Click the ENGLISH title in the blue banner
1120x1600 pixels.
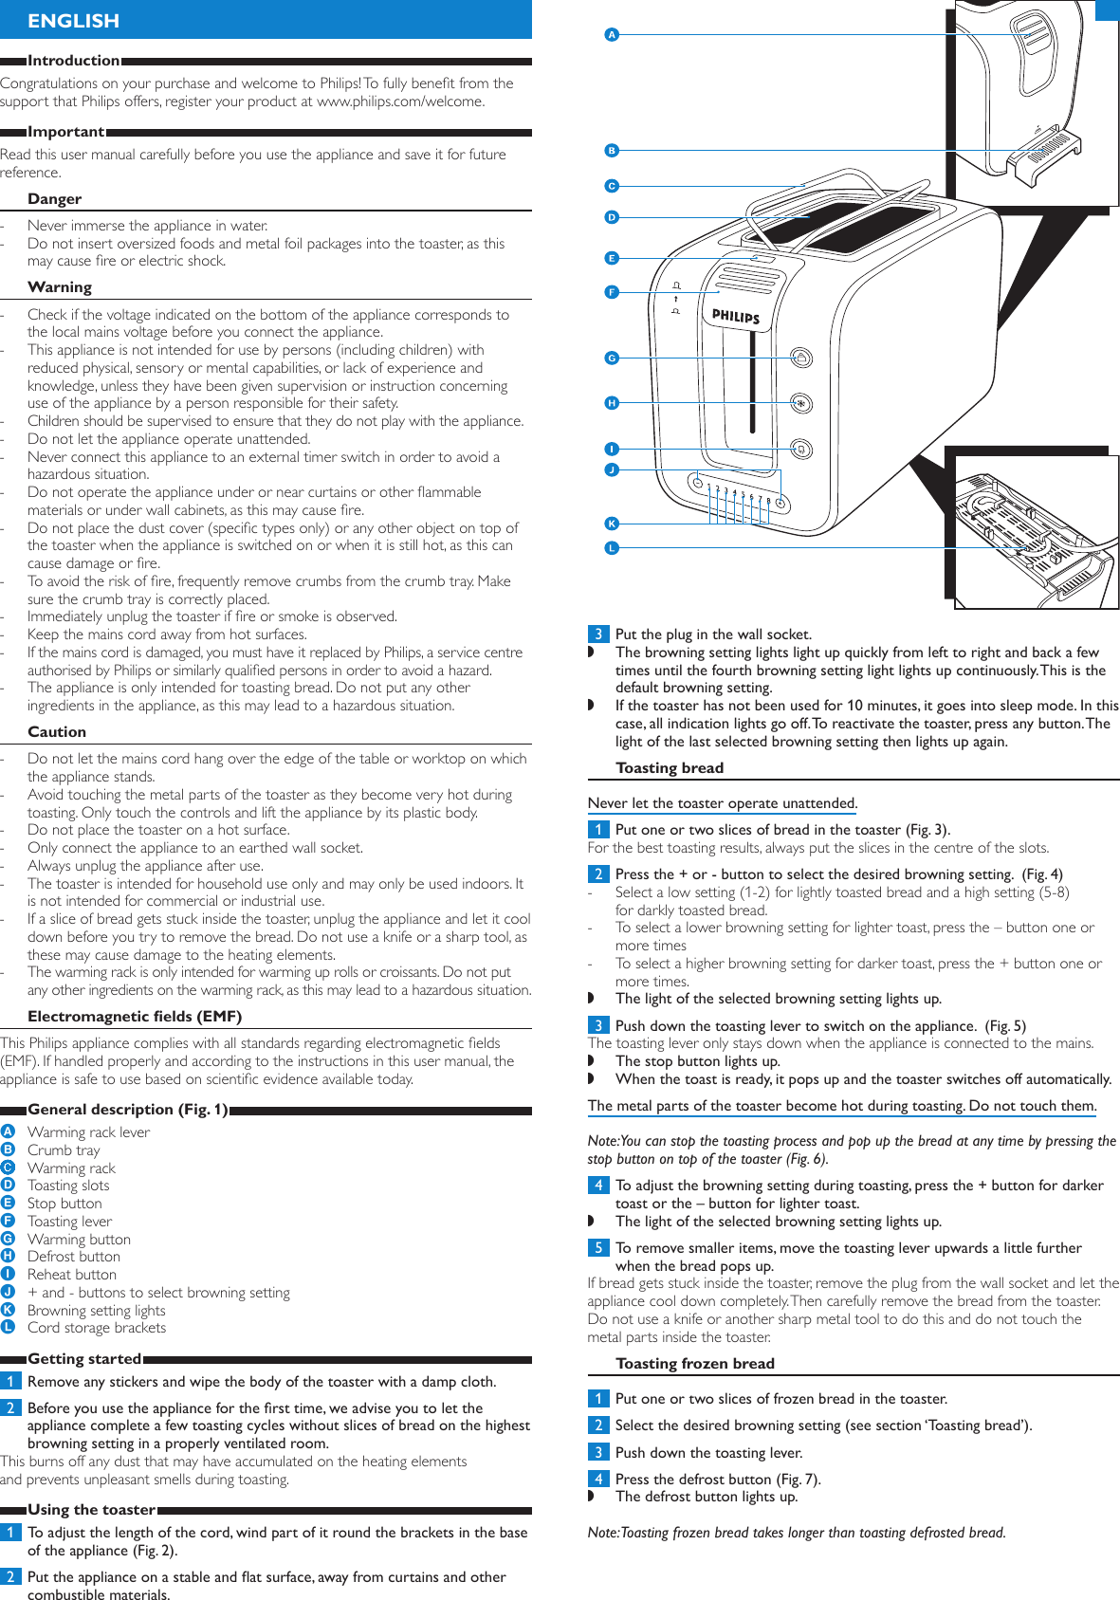73,20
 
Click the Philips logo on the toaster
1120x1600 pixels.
736,316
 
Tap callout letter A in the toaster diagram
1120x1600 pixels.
612,35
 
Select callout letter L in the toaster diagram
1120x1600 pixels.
612,548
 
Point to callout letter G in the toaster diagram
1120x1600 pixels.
612,358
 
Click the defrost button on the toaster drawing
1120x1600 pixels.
801,403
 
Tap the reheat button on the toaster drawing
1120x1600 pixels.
801,449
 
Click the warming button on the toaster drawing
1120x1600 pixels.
801,358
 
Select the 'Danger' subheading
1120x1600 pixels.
54,199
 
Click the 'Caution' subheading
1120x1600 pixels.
57,732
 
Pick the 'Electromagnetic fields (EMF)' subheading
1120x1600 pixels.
135,1017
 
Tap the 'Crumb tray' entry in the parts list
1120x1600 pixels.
64,1150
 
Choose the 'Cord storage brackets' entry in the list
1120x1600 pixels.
97,1328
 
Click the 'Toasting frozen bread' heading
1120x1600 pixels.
695,1364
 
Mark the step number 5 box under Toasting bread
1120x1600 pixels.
598,1248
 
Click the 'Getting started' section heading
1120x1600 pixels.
84,1358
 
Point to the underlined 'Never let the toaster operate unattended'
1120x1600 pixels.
722,803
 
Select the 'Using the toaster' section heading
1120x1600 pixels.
91,1510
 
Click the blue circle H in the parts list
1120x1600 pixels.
9,1257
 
